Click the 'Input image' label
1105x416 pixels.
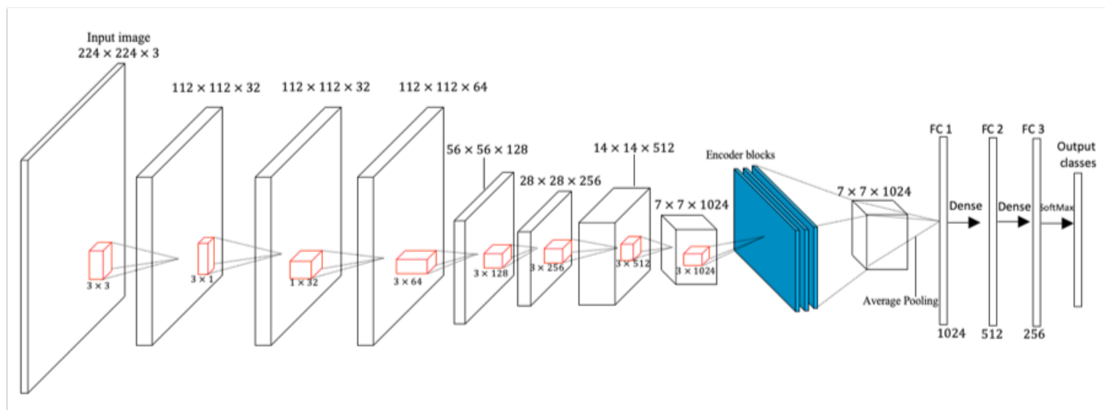[x=118, y=38]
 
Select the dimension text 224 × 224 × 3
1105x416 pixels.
[x=118, y=54]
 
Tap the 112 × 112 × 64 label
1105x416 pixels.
[x=443, y=87]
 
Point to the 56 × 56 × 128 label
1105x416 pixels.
[x=487, y=150]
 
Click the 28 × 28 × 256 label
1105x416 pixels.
[x=560, y=181]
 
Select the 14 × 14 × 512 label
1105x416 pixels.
[x=633, y=148]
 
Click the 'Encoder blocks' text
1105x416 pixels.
[x=740, y=155]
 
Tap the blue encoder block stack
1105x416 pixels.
[x=772, y=240]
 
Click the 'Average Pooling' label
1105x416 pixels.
[x=900, y=301]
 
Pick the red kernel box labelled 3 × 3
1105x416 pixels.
[x=100, y=261]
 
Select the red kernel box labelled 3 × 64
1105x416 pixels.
[x=415, y=262]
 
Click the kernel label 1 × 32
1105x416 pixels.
[x=304, y=283]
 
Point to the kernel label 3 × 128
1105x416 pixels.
[x=490, y=273]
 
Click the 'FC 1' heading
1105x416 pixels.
[x=940, y=129]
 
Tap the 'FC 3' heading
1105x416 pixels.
[x=1033, y=129]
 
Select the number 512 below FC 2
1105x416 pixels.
[x=992, y=334]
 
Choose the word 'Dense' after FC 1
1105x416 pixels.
[x=965, y=206]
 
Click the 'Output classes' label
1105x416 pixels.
[x=1076, y=155]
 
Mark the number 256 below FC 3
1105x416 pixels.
[x=1034, y=334]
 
